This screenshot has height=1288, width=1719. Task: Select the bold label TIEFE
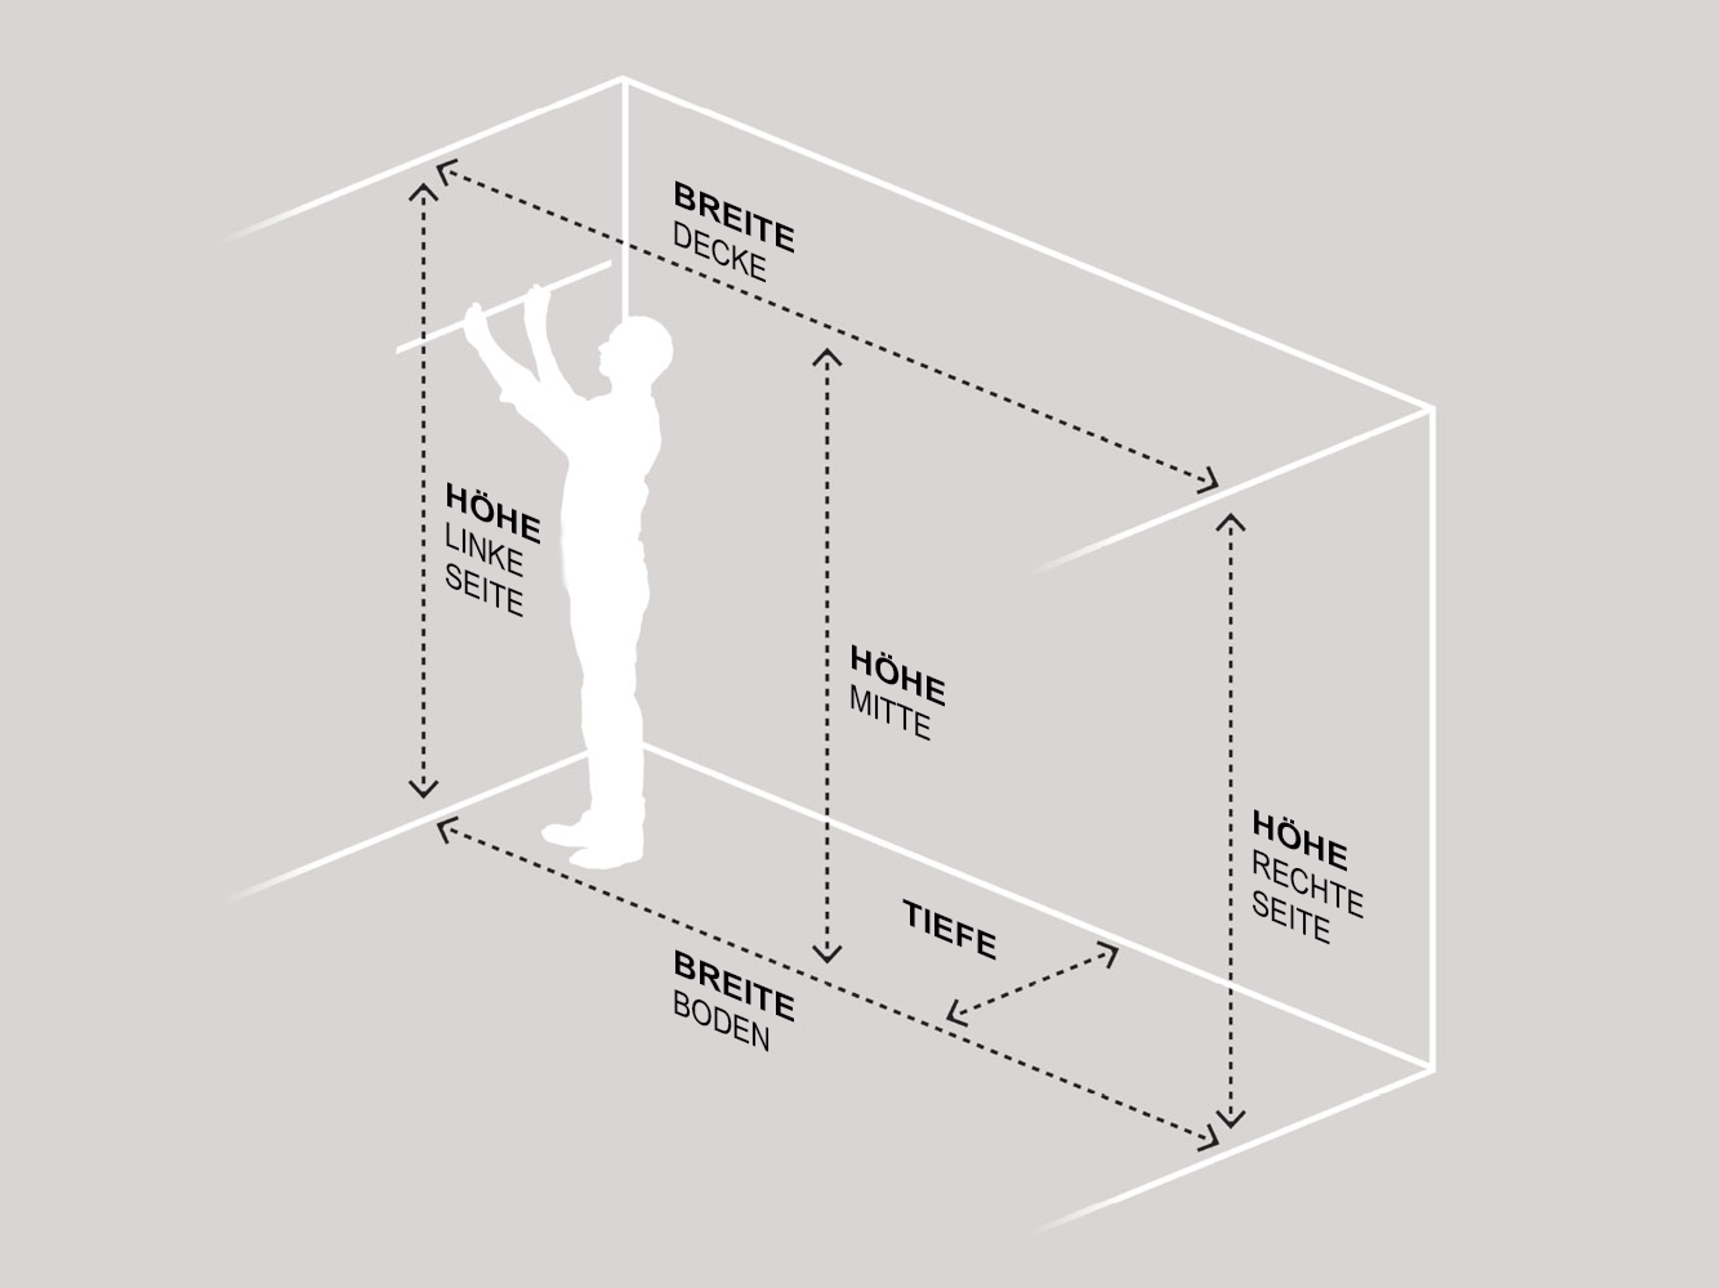click(949, 930)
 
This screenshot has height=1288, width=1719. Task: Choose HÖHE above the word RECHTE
click(1300, 841)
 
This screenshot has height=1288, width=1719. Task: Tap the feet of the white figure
click(592, 844)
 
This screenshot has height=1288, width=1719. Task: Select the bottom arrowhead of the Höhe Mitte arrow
click(827, 954)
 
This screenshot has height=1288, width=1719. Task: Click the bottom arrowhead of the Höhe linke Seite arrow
click(423, 788)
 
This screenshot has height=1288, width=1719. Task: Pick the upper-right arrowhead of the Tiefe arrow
click(1110, 954)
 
